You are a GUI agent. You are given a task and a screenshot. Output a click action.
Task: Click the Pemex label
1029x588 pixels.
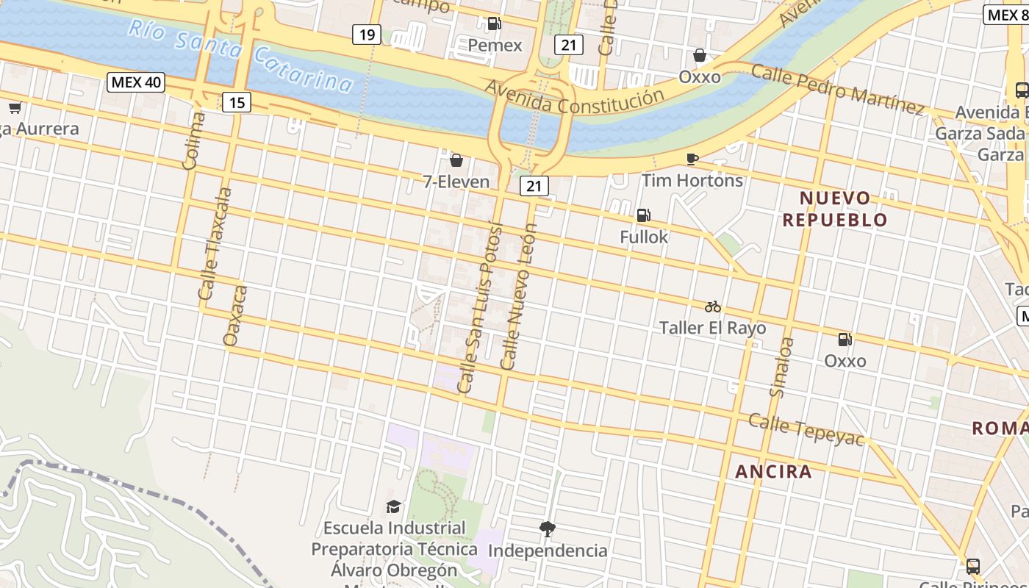coord(495,46)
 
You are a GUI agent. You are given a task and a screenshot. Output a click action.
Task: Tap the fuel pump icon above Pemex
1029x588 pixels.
coord(495,24)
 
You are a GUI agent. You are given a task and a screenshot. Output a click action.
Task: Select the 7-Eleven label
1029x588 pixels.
coord(456,182)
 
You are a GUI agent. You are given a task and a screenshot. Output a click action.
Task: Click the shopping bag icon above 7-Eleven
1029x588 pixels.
coord(456,160)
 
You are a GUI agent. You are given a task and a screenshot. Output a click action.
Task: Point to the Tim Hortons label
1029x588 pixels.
coord(692,180)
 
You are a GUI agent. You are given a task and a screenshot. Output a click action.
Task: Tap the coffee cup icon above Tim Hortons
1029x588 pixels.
coord(692,159)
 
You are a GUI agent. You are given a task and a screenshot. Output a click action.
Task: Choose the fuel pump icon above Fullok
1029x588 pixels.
coord(643,215)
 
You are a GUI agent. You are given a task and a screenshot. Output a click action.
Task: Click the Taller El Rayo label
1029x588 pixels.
coord(712,328)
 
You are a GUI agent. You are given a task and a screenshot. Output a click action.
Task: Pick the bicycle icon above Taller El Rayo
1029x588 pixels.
coord(712,306)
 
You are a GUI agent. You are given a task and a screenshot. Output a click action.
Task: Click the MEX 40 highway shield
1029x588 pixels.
coord(136,82)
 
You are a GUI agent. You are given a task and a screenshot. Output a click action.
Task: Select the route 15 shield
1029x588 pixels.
coord(237,102)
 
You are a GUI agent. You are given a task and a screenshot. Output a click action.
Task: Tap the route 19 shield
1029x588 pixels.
coord(367,34)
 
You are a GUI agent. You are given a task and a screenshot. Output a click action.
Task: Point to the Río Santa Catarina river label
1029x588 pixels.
coord(240,55)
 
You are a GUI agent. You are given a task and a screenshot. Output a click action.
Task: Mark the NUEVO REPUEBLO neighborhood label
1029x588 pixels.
coord(835,209)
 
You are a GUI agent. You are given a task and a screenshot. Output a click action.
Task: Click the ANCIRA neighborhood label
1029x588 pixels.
coord(774,472)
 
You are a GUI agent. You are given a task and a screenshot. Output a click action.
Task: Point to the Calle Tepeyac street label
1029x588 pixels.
coord(806,429)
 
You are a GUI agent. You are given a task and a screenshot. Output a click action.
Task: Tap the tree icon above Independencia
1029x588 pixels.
coord(547,528)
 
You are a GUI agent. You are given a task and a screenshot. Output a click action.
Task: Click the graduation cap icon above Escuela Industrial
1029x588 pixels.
coord(394,506)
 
